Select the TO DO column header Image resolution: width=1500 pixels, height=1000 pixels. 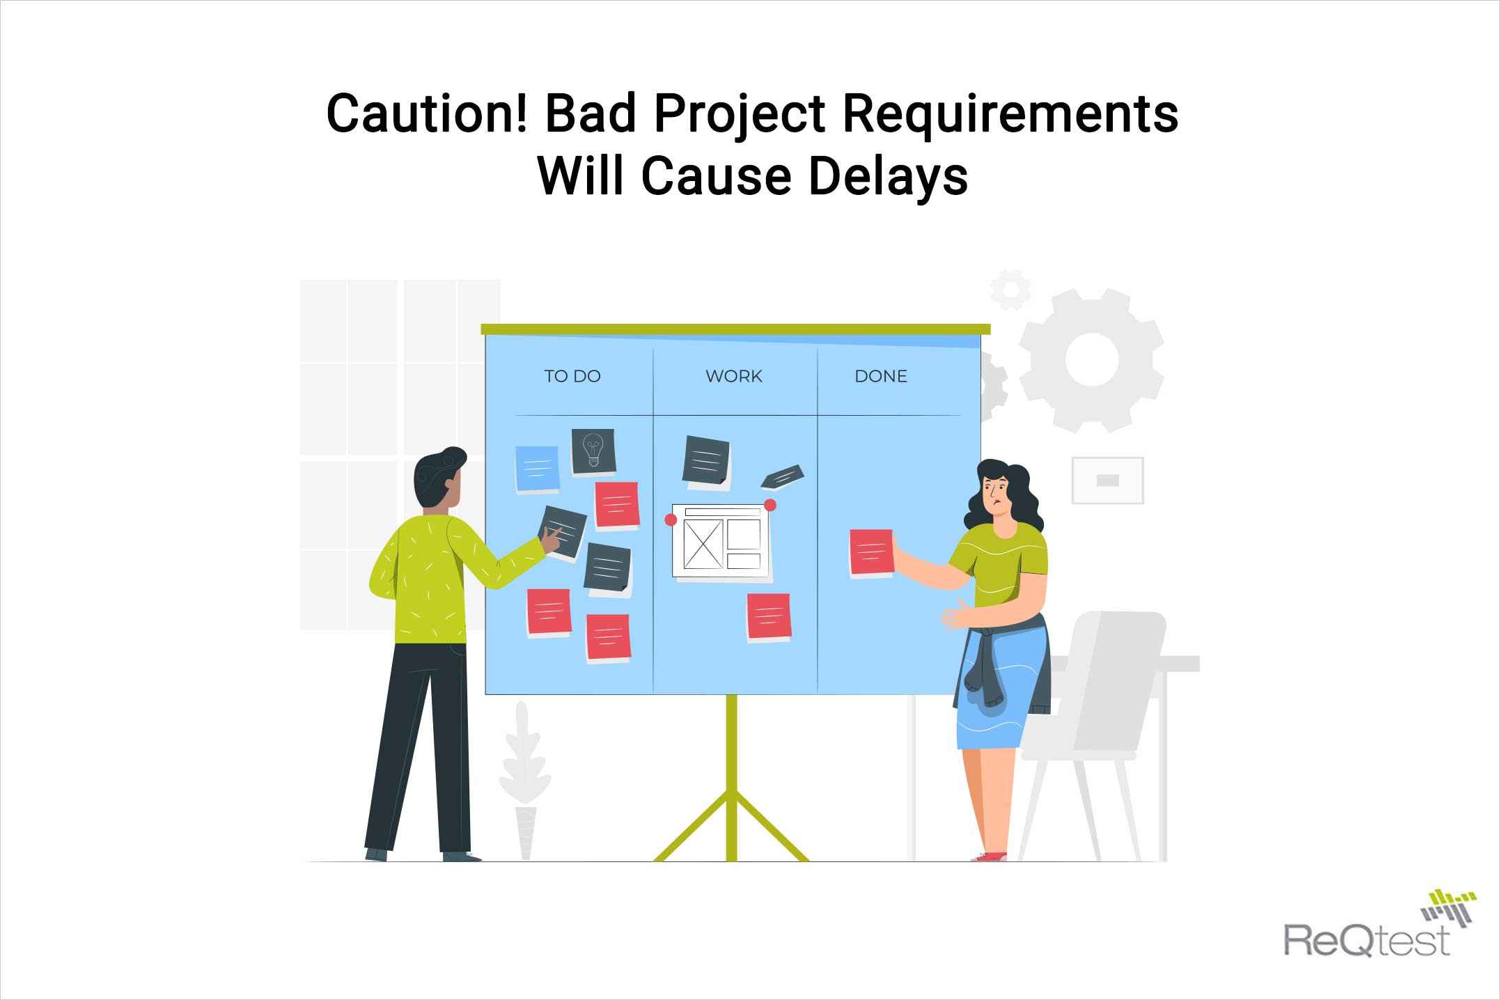pos(572,376)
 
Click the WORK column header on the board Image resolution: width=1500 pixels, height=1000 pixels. pos(734,376)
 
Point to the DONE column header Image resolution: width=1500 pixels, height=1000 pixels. pos(881,376)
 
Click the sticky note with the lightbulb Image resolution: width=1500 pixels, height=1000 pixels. pos(593,451)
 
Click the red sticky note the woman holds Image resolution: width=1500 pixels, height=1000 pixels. pos(871,553)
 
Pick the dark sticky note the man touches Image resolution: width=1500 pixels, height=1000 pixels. pos(563,531)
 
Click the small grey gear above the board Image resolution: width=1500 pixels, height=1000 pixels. pos(1010,290)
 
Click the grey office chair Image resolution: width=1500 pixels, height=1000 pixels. pos(1097,731)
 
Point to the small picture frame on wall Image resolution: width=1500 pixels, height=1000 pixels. pos(1107,480)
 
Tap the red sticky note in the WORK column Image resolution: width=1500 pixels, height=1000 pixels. pos(769,617)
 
